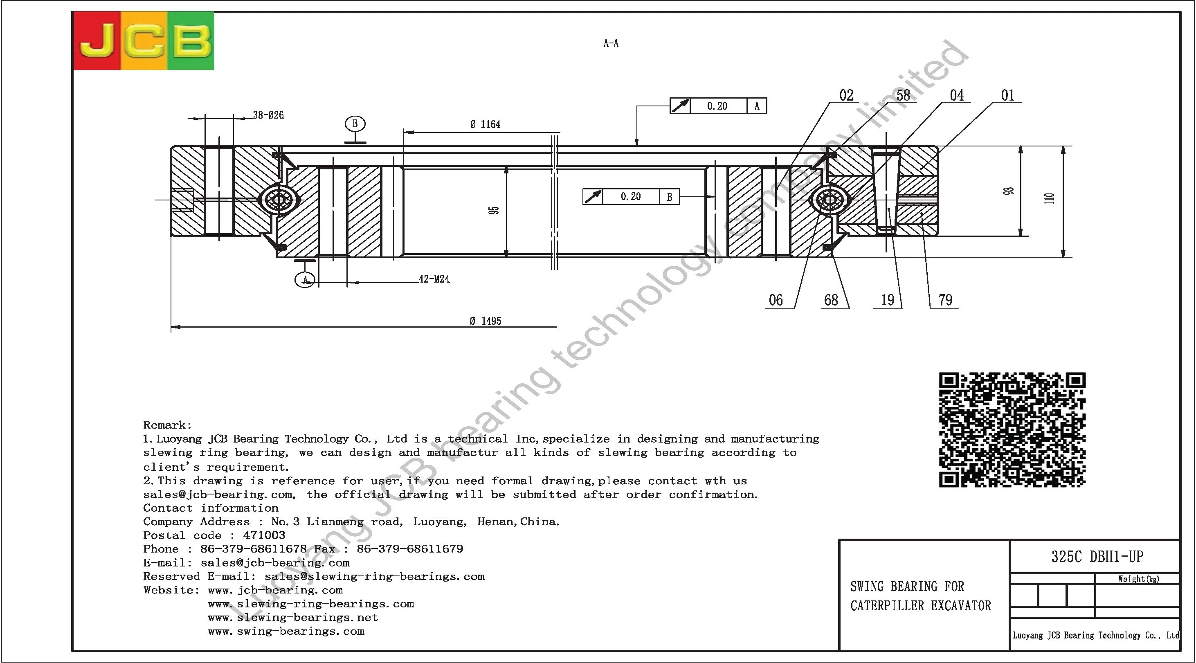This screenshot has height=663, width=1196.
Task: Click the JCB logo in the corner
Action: [x=144, y=41]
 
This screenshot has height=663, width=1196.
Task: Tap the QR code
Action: [x=1012, y=429]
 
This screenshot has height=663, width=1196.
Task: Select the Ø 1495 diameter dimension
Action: [x=485, y=321]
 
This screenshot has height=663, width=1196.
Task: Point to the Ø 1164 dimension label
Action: [x=485, y=124]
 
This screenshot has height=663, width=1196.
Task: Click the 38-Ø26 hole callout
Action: [x=268, y=115]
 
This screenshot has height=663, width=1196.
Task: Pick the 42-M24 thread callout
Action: [x=434, y=279]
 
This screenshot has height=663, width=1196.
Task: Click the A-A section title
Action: [x=611, y=44]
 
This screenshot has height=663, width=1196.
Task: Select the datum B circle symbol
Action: [x=355, y=124]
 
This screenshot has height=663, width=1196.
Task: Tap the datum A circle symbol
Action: [x=305, y=279]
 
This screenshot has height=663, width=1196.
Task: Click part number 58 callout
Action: [x=903, y=95]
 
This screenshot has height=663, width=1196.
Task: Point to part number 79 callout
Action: [x=945, y=300]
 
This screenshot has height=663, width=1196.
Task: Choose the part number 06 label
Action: [x=776, y=300]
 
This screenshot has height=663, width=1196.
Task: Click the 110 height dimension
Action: [x=1049, y=198]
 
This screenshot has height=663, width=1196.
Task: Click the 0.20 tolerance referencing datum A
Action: [x=717, y=106]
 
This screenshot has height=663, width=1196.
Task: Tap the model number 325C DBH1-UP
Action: [x=1097, y=556]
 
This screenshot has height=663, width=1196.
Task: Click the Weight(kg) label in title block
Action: [x=1138, y=579]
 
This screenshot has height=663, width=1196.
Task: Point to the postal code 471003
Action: [x=264, y=535]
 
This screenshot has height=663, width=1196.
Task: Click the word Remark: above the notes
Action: [x=167, y=425]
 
